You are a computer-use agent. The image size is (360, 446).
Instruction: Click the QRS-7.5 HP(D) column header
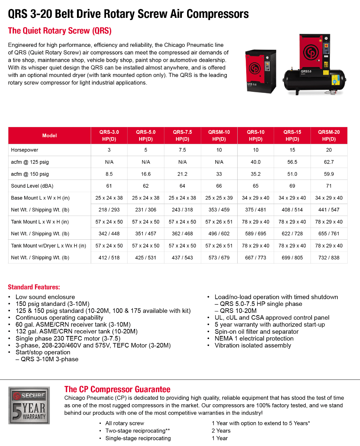(x=182, y=136)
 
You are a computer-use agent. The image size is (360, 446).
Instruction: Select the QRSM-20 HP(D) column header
(x=329, y=136)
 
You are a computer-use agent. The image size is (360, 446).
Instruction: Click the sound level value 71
(x=329, y=186)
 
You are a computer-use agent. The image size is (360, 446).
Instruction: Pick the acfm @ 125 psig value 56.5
(x=292, y=162)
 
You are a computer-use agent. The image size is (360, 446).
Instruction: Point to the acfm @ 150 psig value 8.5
(x=109, y=174)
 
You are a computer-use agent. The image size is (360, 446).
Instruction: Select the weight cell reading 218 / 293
(x=109, y=210)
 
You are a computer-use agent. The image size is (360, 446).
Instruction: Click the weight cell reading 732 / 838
(x=329, y=258)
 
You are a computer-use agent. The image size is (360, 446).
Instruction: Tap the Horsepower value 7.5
(x=182, y=150)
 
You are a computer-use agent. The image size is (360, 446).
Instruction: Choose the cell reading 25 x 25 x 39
(x=219, y=198)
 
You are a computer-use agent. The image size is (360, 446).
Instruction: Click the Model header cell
(x=49, y=136)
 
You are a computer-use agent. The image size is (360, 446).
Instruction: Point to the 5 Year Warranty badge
(x=29, y=405)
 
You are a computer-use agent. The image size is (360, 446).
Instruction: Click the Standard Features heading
(x=34, y=287)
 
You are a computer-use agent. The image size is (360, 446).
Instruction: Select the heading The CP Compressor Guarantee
(x=117, y=389)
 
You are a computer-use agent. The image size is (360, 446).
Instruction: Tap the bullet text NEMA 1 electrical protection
(x=254, y=339)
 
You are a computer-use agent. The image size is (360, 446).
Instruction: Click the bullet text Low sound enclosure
(x=45, y=297)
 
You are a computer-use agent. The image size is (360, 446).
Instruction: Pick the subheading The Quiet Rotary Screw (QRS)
(x=60, y=30)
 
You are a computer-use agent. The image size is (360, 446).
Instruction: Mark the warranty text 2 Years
(x=221, y=431)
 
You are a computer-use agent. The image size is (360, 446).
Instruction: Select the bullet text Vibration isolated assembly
(x=253, y=346)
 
